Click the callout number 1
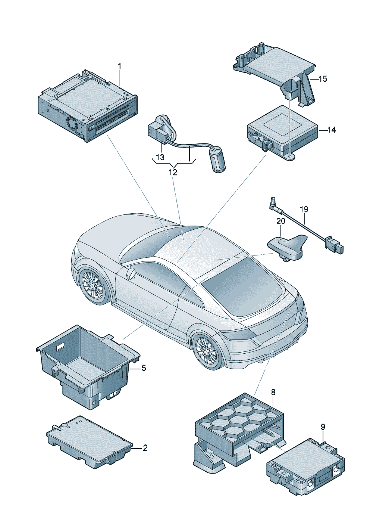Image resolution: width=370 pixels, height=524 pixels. click(120, 66)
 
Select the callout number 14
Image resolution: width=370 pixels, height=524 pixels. click(331, 130)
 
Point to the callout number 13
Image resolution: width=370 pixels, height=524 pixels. click(160, 157)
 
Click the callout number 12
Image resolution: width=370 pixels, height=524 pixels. click(173, 173)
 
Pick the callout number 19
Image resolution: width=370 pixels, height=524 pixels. click(304, 209)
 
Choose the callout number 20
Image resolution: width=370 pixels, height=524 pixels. click(280, 221)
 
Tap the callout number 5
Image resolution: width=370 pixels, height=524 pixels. click(144, 368)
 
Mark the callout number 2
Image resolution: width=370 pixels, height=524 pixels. click(145, 448)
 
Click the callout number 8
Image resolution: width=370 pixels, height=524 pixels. click(273, 392)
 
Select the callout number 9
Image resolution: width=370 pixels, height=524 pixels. click(323, 427)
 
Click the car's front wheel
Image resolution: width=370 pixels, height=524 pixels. click(93, 286)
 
